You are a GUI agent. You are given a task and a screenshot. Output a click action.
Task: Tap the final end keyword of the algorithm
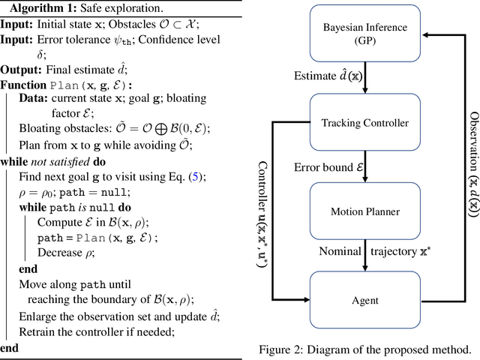[x=10, y=347]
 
